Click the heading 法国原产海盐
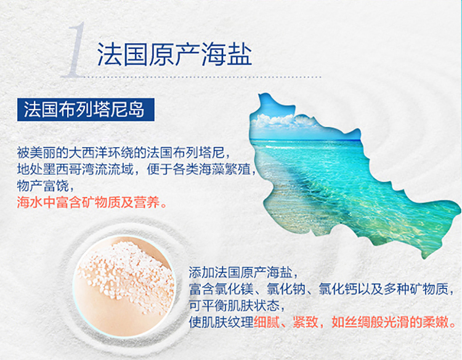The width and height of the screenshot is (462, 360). click(x=174, y=54)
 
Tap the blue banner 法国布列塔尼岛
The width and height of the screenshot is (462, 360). click(x=86, y=110)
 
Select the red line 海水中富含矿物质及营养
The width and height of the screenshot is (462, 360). click(x=92, y=202)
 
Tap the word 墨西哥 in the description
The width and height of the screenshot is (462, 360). click(x=62, y=169)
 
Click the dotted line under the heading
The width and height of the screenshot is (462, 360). click(x=203, y=77)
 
